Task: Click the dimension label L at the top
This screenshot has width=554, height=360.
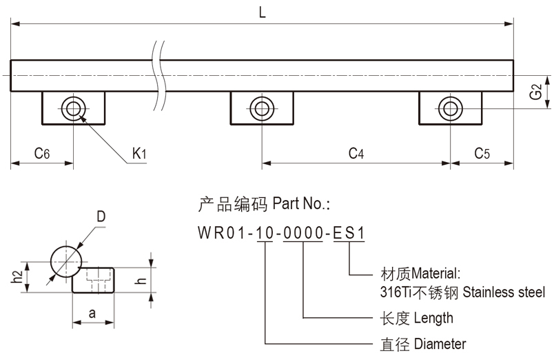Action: (x=263, y=12)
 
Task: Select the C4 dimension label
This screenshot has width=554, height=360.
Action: (x=356, y=154)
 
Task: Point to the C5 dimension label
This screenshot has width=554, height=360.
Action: (x=482, y=154)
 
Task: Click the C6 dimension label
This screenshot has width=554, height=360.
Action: (x=41, y=154)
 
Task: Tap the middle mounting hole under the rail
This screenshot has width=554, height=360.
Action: (x=260, y=108)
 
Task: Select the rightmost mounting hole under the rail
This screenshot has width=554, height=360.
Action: (x=449, y=108)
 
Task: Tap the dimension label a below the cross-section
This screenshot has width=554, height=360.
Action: (x=92, y=313)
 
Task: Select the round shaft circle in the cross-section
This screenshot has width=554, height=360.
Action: (x=66, y=262)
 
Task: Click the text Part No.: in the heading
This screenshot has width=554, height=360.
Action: (x=302, y=204)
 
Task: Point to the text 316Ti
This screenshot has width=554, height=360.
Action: (x=395, y=292)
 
